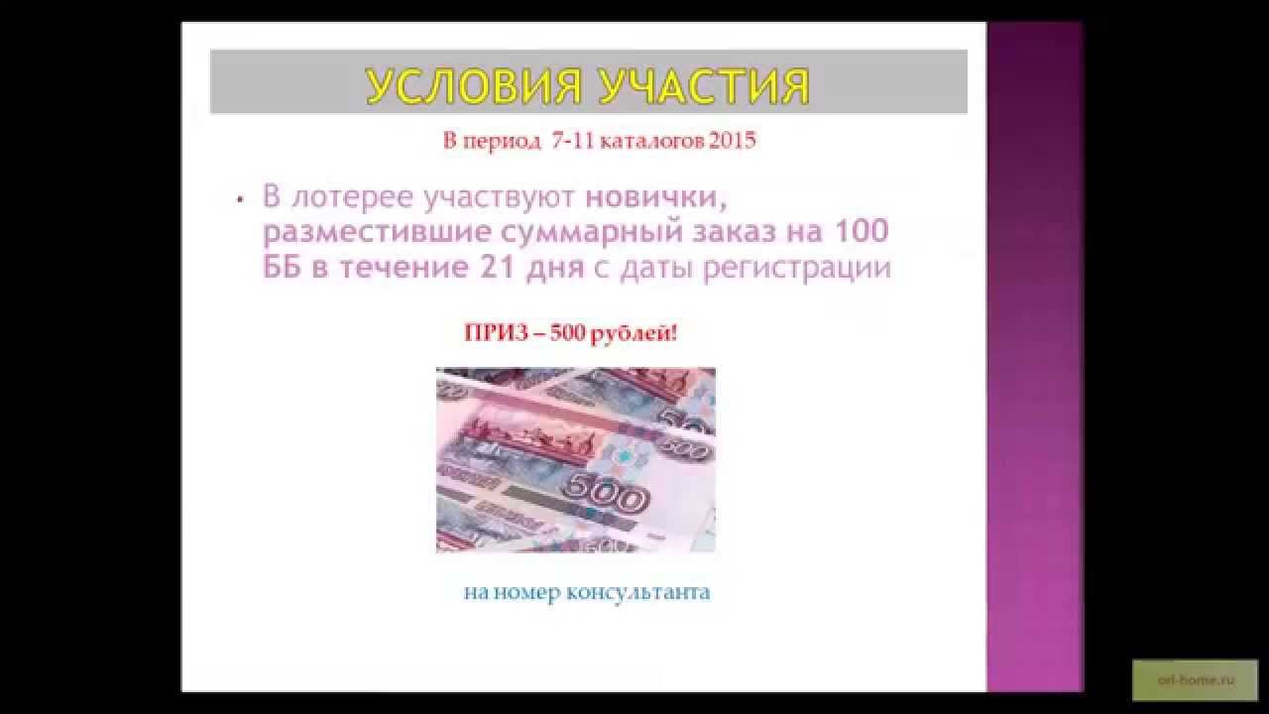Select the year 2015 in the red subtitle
tap(733, 140)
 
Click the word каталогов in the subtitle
tap(657, 140)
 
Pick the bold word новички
tap(656, 196)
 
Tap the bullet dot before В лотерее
tap(240, 199)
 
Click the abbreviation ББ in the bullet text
tap(285, 268)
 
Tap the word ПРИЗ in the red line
tap(491, 333)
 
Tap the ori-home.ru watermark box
tap(1194, 680)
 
